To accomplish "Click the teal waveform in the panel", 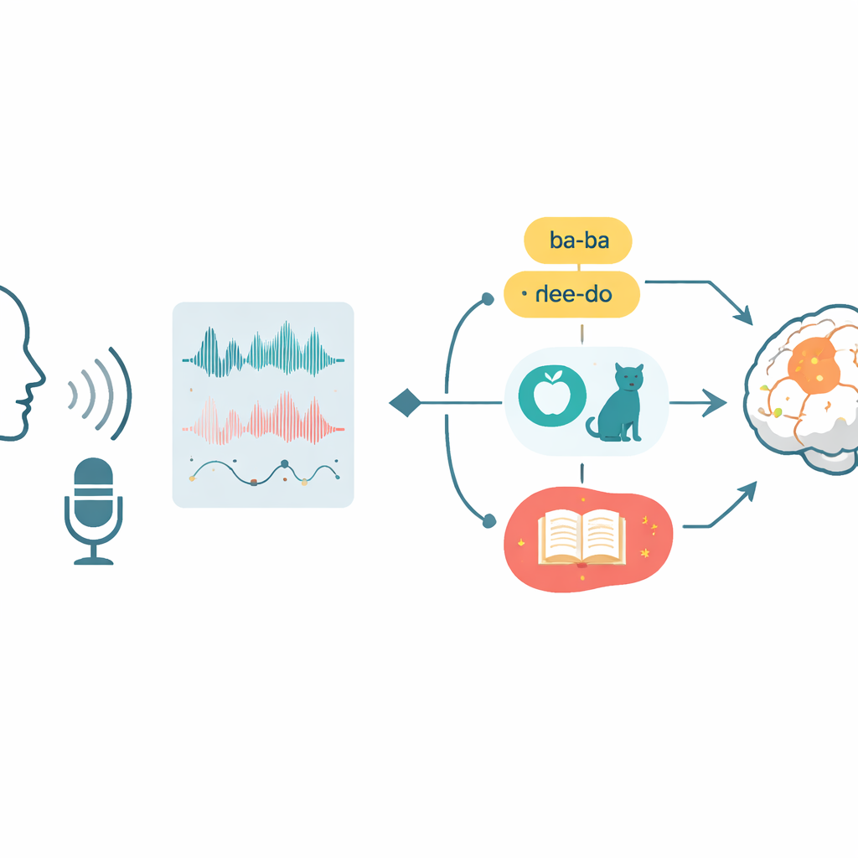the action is point(263,349).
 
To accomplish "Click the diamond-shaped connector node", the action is point(406,403).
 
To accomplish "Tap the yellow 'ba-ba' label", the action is point(578,240).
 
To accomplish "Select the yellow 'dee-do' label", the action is point(571,294).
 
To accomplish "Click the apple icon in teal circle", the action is point(552,395).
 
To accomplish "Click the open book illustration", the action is point(581,538).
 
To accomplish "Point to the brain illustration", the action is point(802,389).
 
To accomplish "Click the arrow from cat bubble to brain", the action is point(698,403).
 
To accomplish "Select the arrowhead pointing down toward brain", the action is point(744,316).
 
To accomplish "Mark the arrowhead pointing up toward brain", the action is point(747,491).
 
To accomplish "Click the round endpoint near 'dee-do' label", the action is point(488,299).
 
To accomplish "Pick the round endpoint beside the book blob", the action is point(489,521).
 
